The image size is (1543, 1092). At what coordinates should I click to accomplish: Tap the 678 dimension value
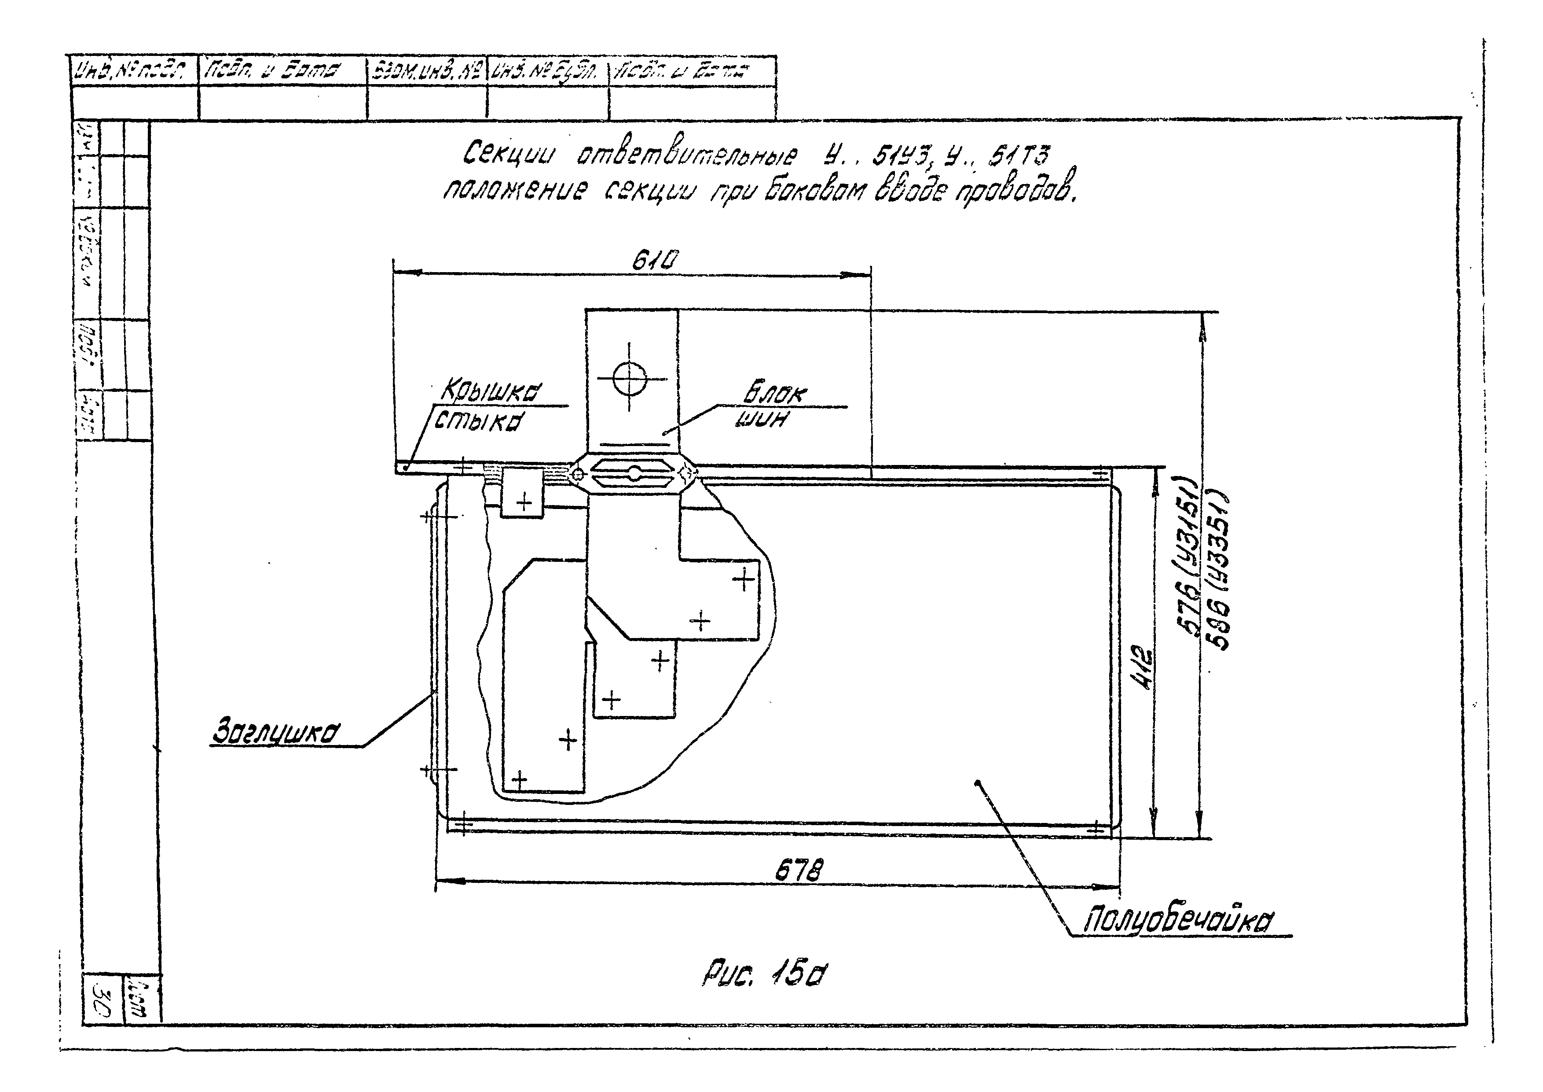click(799, 871)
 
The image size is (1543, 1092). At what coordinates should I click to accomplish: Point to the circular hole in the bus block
click(630, 378)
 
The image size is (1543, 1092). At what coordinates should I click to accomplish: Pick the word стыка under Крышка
click(479, 421)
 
